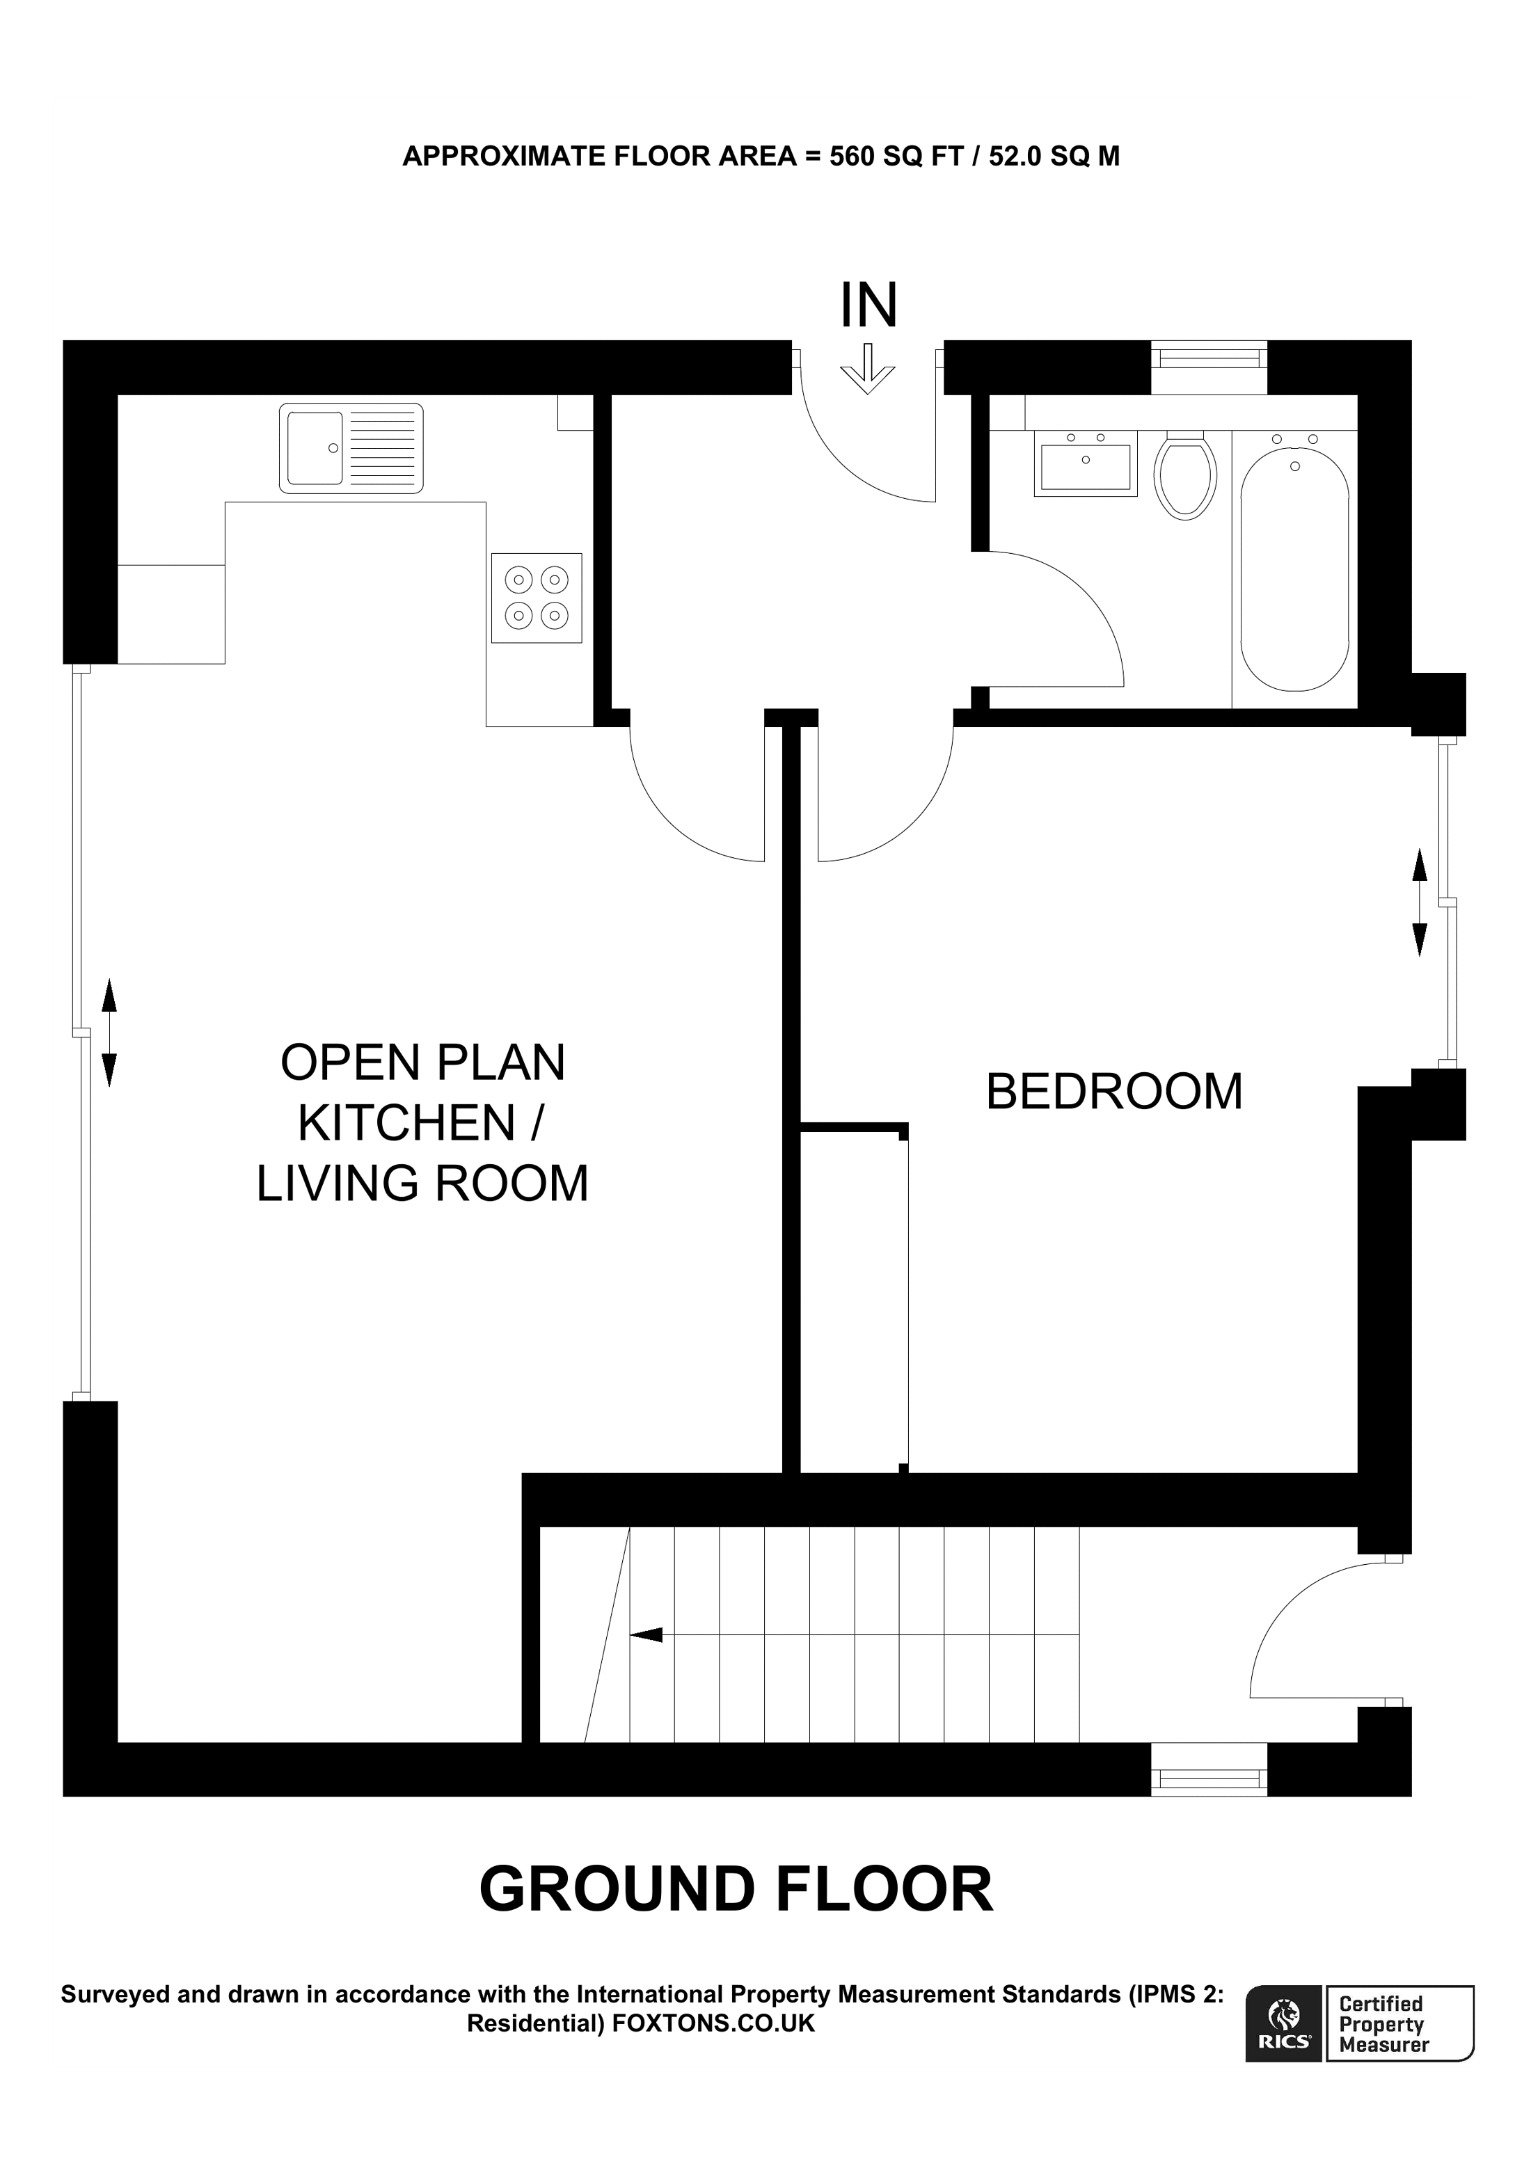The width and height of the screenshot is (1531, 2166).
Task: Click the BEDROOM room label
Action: [1114, 1092]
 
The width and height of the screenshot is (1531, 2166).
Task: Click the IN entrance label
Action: [868, 305]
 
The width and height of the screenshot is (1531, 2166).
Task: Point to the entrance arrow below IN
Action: [867, 369]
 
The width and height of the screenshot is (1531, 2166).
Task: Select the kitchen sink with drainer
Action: [351, 448]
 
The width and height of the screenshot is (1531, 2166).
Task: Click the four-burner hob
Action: [536, 597]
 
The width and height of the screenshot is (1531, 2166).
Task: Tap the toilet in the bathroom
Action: [1185, 477]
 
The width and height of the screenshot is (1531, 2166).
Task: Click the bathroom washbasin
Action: [1085, 463]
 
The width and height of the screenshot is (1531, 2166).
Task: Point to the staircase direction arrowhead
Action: [647, 1635]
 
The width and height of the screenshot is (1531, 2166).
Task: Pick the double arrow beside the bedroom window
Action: [1419, 903]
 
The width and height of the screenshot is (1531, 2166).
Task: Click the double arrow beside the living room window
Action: [109, 1033]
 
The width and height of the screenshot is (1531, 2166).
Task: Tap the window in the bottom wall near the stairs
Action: [1208, 1778]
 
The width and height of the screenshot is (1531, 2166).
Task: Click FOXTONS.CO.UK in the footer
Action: [713, 2023]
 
